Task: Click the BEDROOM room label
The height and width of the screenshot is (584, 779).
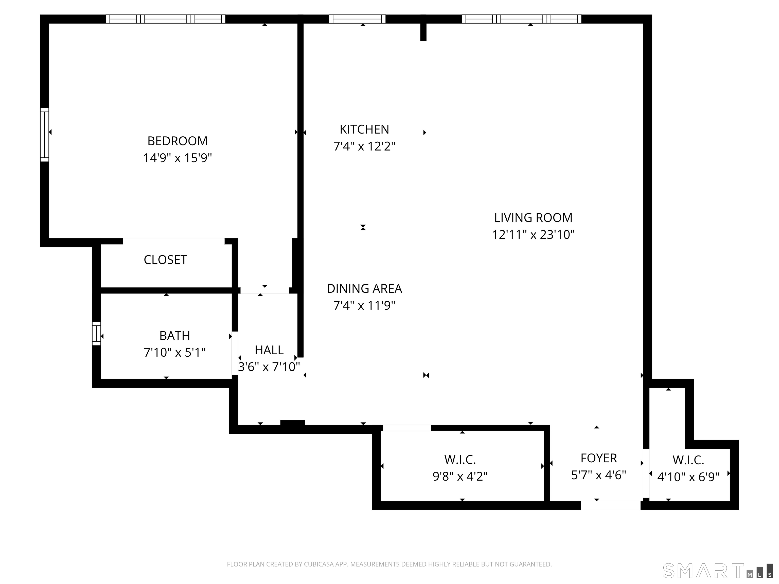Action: (177, 141)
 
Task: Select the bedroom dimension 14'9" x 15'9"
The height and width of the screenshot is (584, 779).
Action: (177, 158)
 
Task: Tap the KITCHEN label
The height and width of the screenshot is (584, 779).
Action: (364, 130)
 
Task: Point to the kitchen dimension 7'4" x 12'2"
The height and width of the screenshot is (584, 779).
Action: (364, 146)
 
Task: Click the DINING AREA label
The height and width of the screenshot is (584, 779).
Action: (364, 289)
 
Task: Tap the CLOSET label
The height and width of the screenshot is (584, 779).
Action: (165, 260)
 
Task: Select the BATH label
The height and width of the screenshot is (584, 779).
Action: (175, 336)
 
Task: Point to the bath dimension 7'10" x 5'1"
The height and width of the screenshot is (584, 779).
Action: (175, 352)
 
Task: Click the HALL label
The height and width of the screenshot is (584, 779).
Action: (269, 350)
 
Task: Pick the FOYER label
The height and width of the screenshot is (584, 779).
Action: (598, 458)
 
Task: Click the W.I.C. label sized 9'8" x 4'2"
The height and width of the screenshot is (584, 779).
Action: (460, 460)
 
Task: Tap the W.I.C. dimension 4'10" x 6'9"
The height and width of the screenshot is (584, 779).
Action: (688, 477)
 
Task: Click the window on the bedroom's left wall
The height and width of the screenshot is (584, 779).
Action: (44, 135)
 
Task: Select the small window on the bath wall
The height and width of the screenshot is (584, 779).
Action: (96, 333)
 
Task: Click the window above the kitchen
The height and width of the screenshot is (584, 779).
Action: (357, 19)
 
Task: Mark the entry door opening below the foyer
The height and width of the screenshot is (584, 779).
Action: (610, 505)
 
